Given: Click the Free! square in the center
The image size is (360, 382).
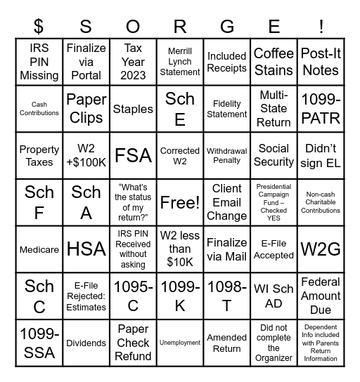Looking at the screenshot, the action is tap(180, 202).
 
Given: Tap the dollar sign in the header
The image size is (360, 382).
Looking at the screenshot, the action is tap(39, 27).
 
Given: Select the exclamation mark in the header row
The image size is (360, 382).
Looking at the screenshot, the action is tap(321, 27).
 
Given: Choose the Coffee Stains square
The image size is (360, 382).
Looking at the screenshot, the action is tap(274, 62).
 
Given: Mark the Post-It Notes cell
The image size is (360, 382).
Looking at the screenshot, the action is tap(321, 62).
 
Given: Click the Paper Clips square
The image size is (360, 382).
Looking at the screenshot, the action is tap(86, 109).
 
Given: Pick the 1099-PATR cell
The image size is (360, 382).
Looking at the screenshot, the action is tap(321, 109).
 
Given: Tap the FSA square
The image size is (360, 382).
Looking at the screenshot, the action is tap(133, 155).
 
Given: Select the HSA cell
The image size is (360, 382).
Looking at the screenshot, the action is tap(86, 249).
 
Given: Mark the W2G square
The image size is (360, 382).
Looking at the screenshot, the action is tap(321, 249).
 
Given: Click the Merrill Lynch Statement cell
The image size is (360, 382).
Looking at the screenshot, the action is tap(180, 62).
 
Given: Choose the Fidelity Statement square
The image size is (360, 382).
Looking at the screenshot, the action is tap(227, 109).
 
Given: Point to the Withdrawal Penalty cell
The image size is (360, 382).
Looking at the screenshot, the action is tap(227, 155).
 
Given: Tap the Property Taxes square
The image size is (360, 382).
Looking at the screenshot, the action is tap(39, 155).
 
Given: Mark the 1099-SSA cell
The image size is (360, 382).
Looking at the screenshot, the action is tap(39, 343).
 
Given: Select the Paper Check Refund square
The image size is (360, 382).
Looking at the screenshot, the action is tap(133, 343).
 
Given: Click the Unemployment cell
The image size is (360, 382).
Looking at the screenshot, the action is tap(180, 343).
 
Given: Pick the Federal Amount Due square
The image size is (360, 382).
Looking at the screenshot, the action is tap(321, 296).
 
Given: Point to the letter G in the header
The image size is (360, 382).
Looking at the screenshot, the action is tap(227, 27).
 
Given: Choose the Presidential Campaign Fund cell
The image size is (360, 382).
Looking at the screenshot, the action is tap(274, 202).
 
